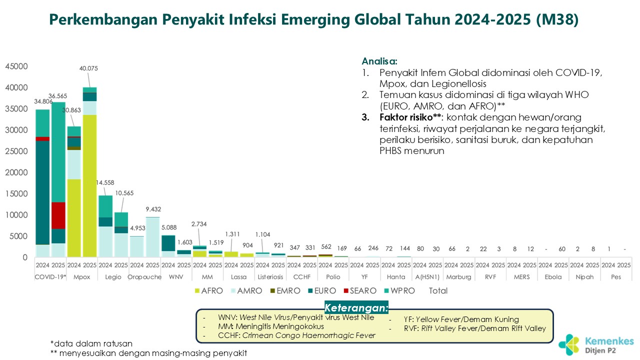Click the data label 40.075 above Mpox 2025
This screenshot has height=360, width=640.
pos(89,68)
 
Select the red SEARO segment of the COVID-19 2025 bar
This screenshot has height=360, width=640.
pos(58,215)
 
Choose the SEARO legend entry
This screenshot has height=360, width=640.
pos(357,290)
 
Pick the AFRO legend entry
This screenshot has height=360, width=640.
pos(208,290)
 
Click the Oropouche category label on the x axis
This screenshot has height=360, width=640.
pos(144,276)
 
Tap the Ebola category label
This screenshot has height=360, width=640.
pos(553,276)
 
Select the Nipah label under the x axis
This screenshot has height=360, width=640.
pos(584,276)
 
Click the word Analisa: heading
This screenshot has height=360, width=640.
pos(379,61)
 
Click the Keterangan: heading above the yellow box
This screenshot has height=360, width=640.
pos(356,307)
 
